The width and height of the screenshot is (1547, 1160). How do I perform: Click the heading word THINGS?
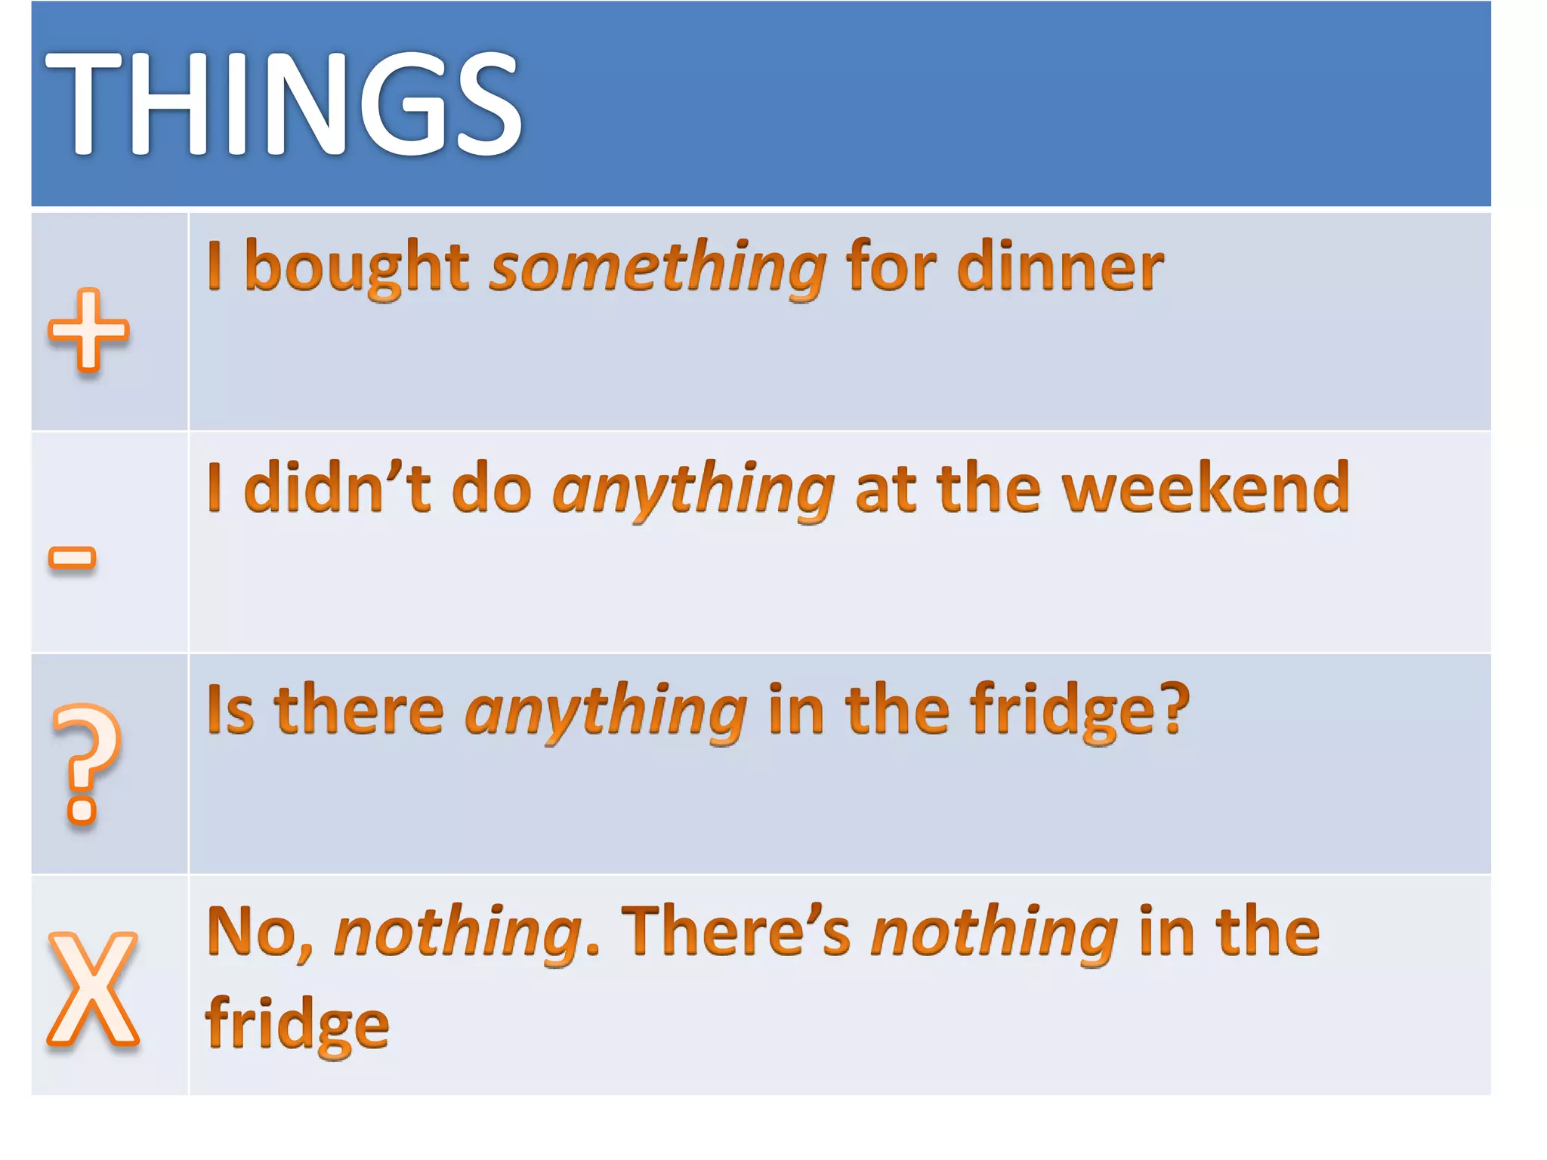click(283, 103)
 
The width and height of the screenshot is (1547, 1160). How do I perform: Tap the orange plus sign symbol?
click(88, 331)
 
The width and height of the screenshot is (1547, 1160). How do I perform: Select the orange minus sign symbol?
click(73, 558)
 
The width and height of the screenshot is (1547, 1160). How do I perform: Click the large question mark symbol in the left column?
click(85, 763)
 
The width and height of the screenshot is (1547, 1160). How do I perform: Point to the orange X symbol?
click(93, 989)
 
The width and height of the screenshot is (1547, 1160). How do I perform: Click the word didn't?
click(337, 488)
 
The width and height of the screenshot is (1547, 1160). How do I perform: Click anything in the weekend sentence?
click(693, 491)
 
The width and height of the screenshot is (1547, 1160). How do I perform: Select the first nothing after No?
click(458, 933)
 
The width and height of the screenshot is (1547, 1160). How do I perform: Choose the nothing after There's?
click(994, 933)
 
